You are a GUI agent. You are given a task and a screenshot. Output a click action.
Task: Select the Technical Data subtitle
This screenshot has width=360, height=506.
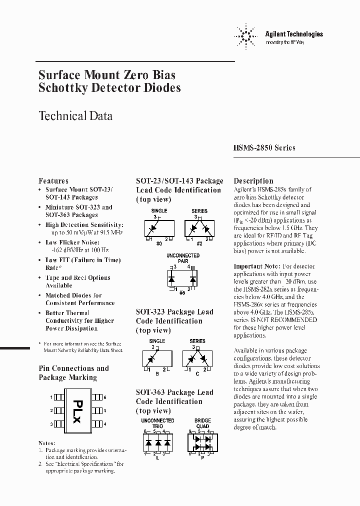pyautogui.click(x=75, y=116)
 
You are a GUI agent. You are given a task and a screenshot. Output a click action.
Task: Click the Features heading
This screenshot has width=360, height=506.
pyautogui.click(x=53, y=181)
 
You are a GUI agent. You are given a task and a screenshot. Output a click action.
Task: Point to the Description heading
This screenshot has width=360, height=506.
pyautogui.click(x=253, y=181)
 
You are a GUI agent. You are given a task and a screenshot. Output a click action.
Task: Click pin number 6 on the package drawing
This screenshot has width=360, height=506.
pyautogui.click(x=105, y=397)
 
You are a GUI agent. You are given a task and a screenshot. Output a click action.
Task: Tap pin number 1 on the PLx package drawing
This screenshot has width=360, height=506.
pyautogui.click(x=51, y=397)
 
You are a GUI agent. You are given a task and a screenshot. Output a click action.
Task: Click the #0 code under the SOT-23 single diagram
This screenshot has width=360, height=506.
pyautogui.click(x=158, y=242)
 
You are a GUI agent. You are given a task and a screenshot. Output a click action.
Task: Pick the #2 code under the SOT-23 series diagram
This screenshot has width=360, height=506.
pyautogui.click(x=199, y=242)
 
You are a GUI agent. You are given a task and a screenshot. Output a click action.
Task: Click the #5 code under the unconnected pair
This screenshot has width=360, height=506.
pyautogui.click(x=183, y=292)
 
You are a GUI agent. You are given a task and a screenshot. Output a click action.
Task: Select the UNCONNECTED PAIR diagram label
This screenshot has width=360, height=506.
pyautogui.click(x=183, y=258)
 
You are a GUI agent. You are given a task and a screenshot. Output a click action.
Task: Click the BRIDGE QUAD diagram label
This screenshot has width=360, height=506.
pyautogui.click(x=202, y=423)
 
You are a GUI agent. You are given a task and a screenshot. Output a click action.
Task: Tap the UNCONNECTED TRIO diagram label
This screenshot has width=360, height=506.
pyautogui.click(x=157, y=423)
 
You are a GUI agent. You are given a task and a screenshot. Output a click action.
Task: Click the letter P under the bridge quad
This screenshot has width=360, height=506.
pyautogui.click(x=201, y=457)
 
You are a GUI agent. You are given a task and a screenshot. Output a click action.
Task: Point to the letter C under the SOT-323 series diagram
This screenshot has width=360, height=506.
pyautogui.click(x=198, y=373)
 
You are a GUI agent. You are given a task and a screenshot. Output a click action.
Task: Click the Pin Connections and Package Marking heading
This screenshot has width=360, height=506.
pyautogui.click(x=73, y=373)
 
